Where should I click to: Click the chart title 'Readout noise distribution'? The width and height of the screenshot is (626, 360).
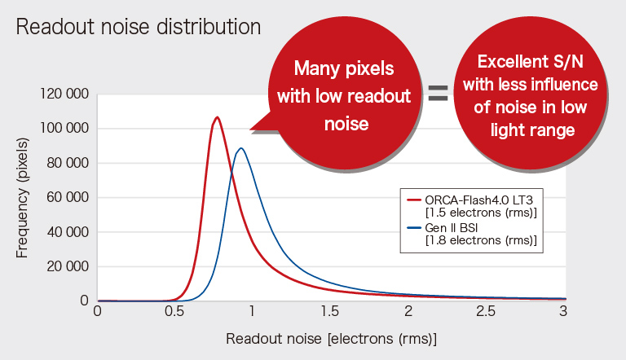pos(138,26)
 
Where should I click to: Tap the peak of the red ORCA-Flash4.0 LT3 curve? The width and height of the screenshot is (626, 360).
pos(217,117)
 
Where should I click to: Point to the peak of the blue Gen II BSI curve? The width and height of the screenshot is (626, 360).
pos(240,148)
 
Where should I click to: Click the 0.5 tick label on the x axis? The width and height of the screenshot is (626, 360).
pos(174,311)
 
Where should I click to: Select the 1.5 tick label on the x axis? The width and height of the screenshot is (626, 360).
pos(330,311)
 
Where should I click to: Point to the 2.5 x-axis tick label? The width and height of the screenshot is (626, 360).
pos(486,311)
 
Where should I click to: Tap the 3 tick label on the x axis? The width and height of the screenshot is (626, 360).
pos(563,311)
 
